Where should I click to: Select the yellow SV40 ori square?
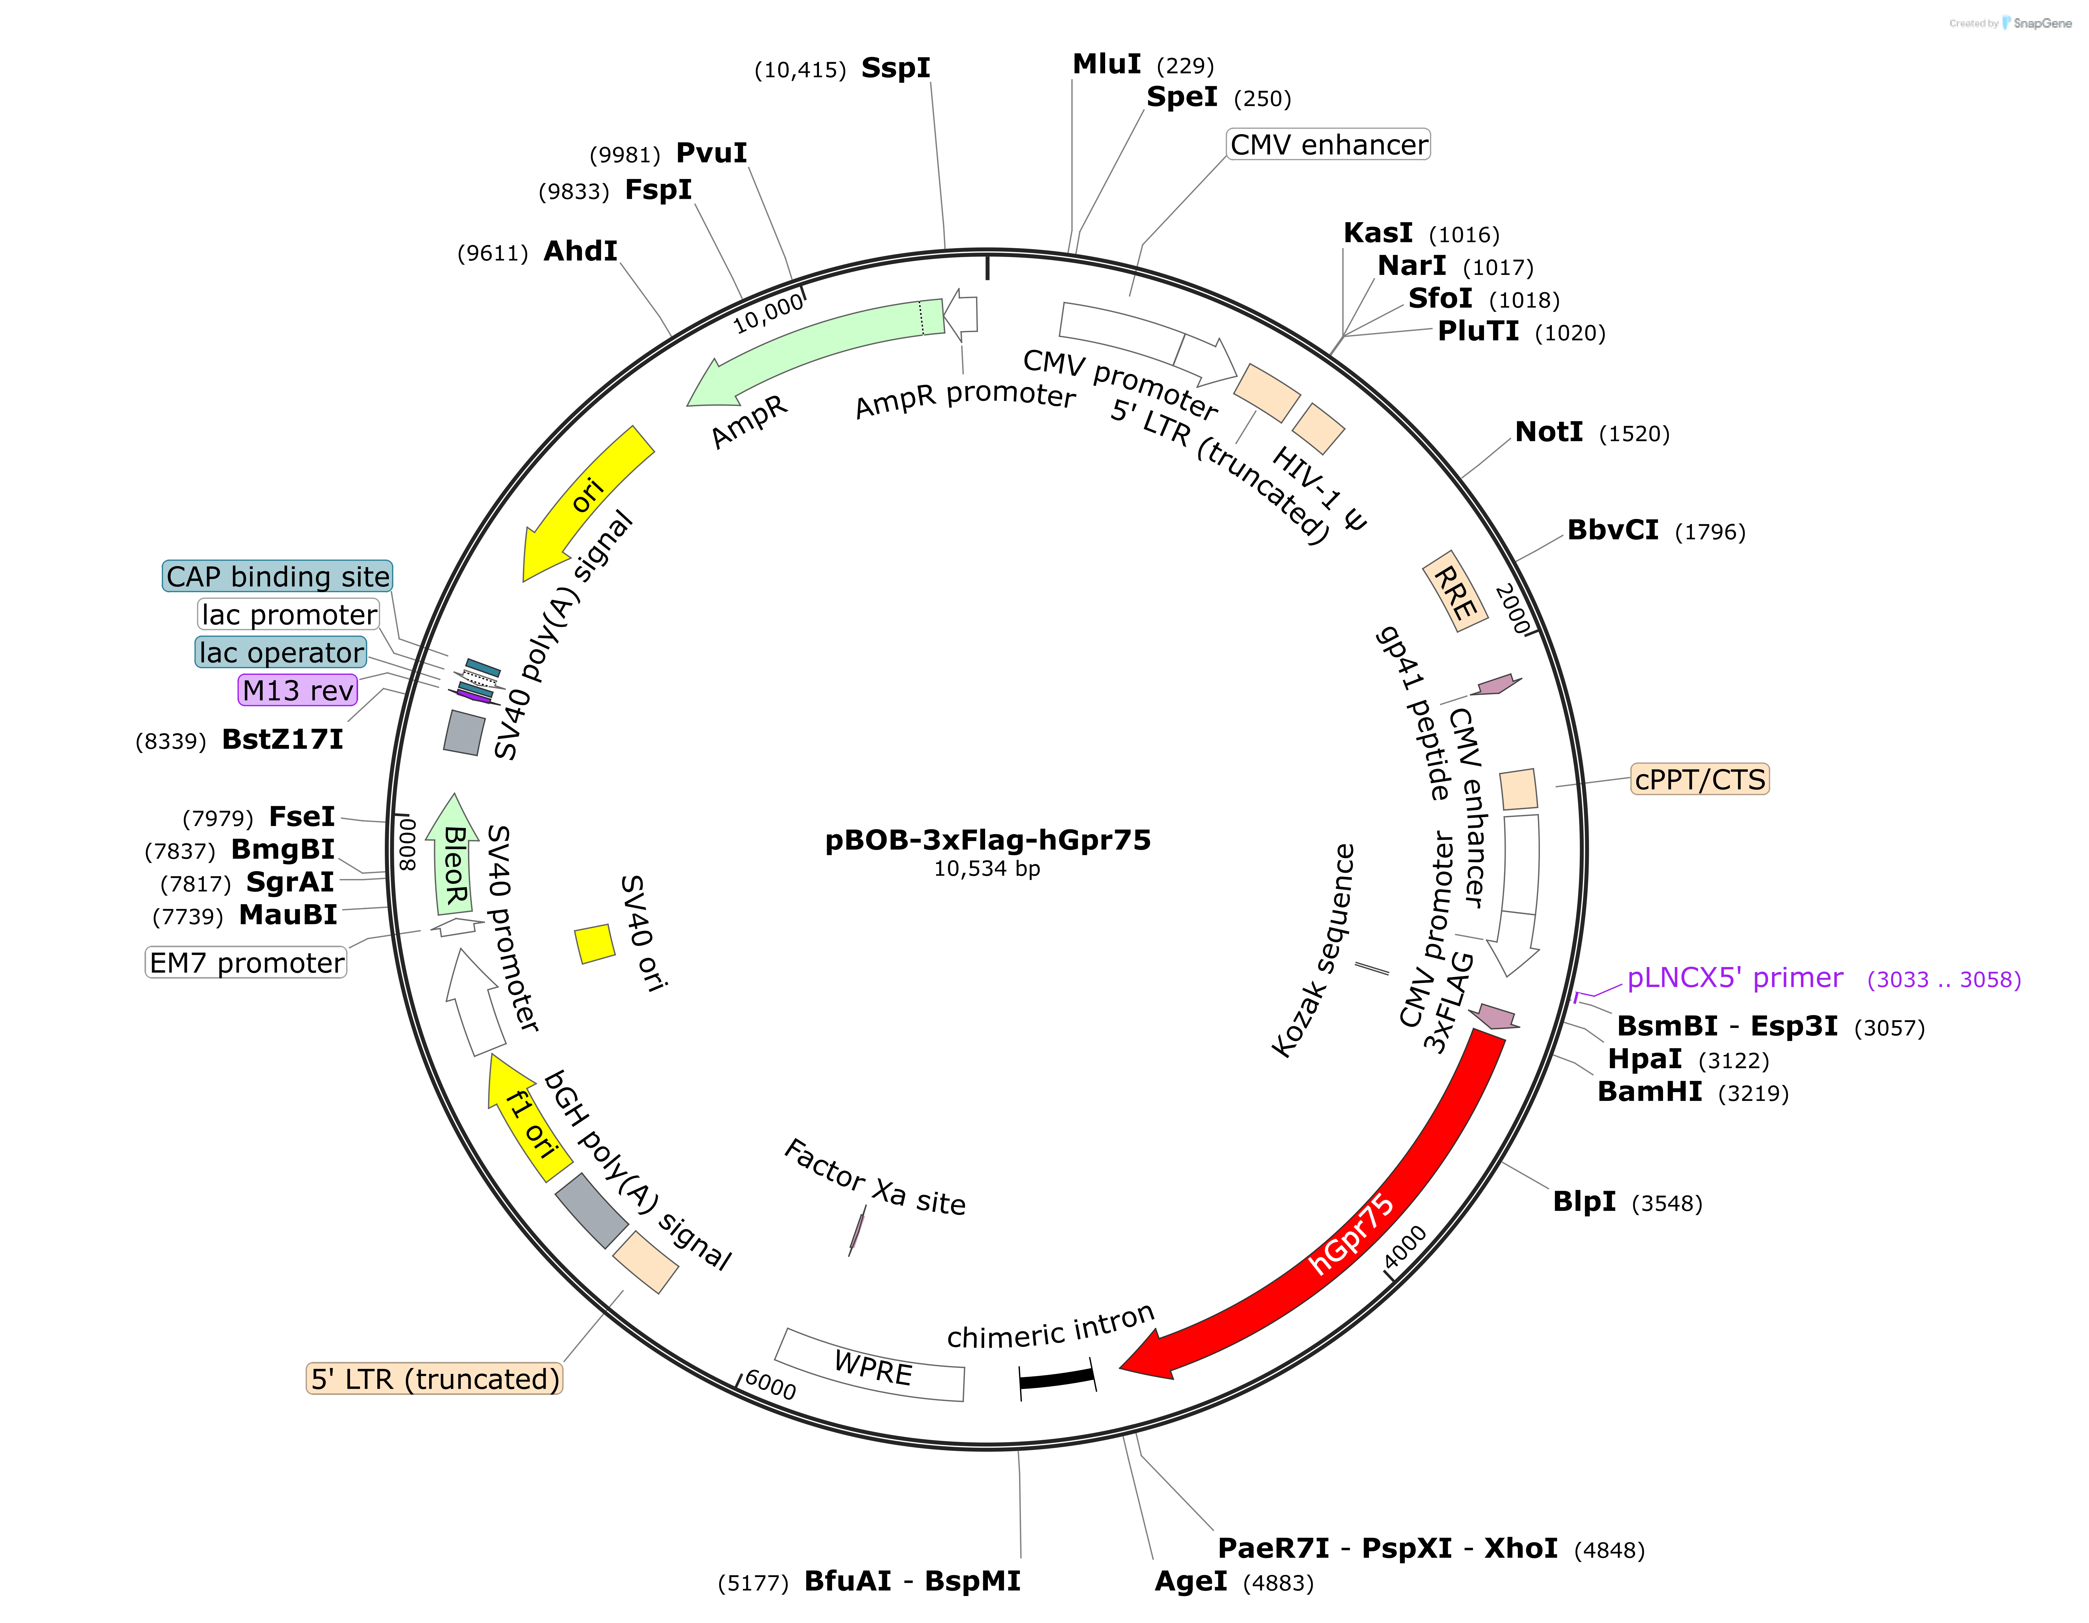[x=594, y=943]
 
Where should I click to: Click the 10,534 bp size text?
[x=987, y=868]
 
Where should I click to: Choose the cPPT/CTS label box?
[x=1700, y=779]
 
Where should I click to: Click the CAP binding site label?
[x=277, y=576]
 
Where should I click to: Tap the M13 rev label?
[x=297, y=690]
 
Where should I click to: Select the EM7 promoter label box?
[x=246, y=962]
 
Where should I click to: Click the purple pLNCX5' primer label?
[x=1735, y=977]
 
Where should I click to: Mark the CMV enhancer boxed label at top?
[x=1328, y=145]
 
